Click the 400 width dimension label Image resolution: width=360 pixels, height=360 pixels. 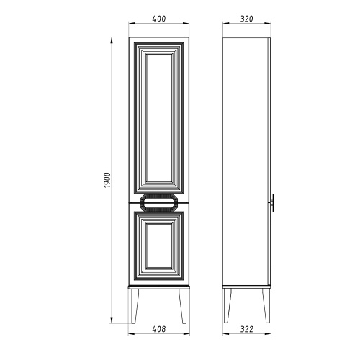tap(159, 19)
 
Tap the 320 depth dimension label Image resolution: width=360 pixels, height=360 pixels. tap(247, 19)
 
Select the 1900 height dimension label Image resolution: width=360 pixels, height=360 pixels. tap(107, 180)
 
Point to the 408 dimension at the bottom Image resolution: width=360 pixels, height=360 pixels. tap(159, 329)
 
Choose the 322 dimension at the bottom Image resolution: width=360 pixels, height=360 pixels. tap(247, 329)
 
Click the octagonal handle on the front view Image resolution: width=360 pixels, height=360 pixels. tap(159, 203)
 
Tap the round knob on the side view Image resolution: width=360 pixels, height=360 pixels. tap(272, 203)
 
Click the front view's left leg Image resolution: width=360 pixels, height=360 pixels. tap(135, 306)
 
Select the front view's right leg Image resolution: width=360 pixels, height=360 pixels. tap(183, 306)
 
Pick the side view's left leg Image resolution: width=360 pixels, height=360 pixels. tap(228, 305)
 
